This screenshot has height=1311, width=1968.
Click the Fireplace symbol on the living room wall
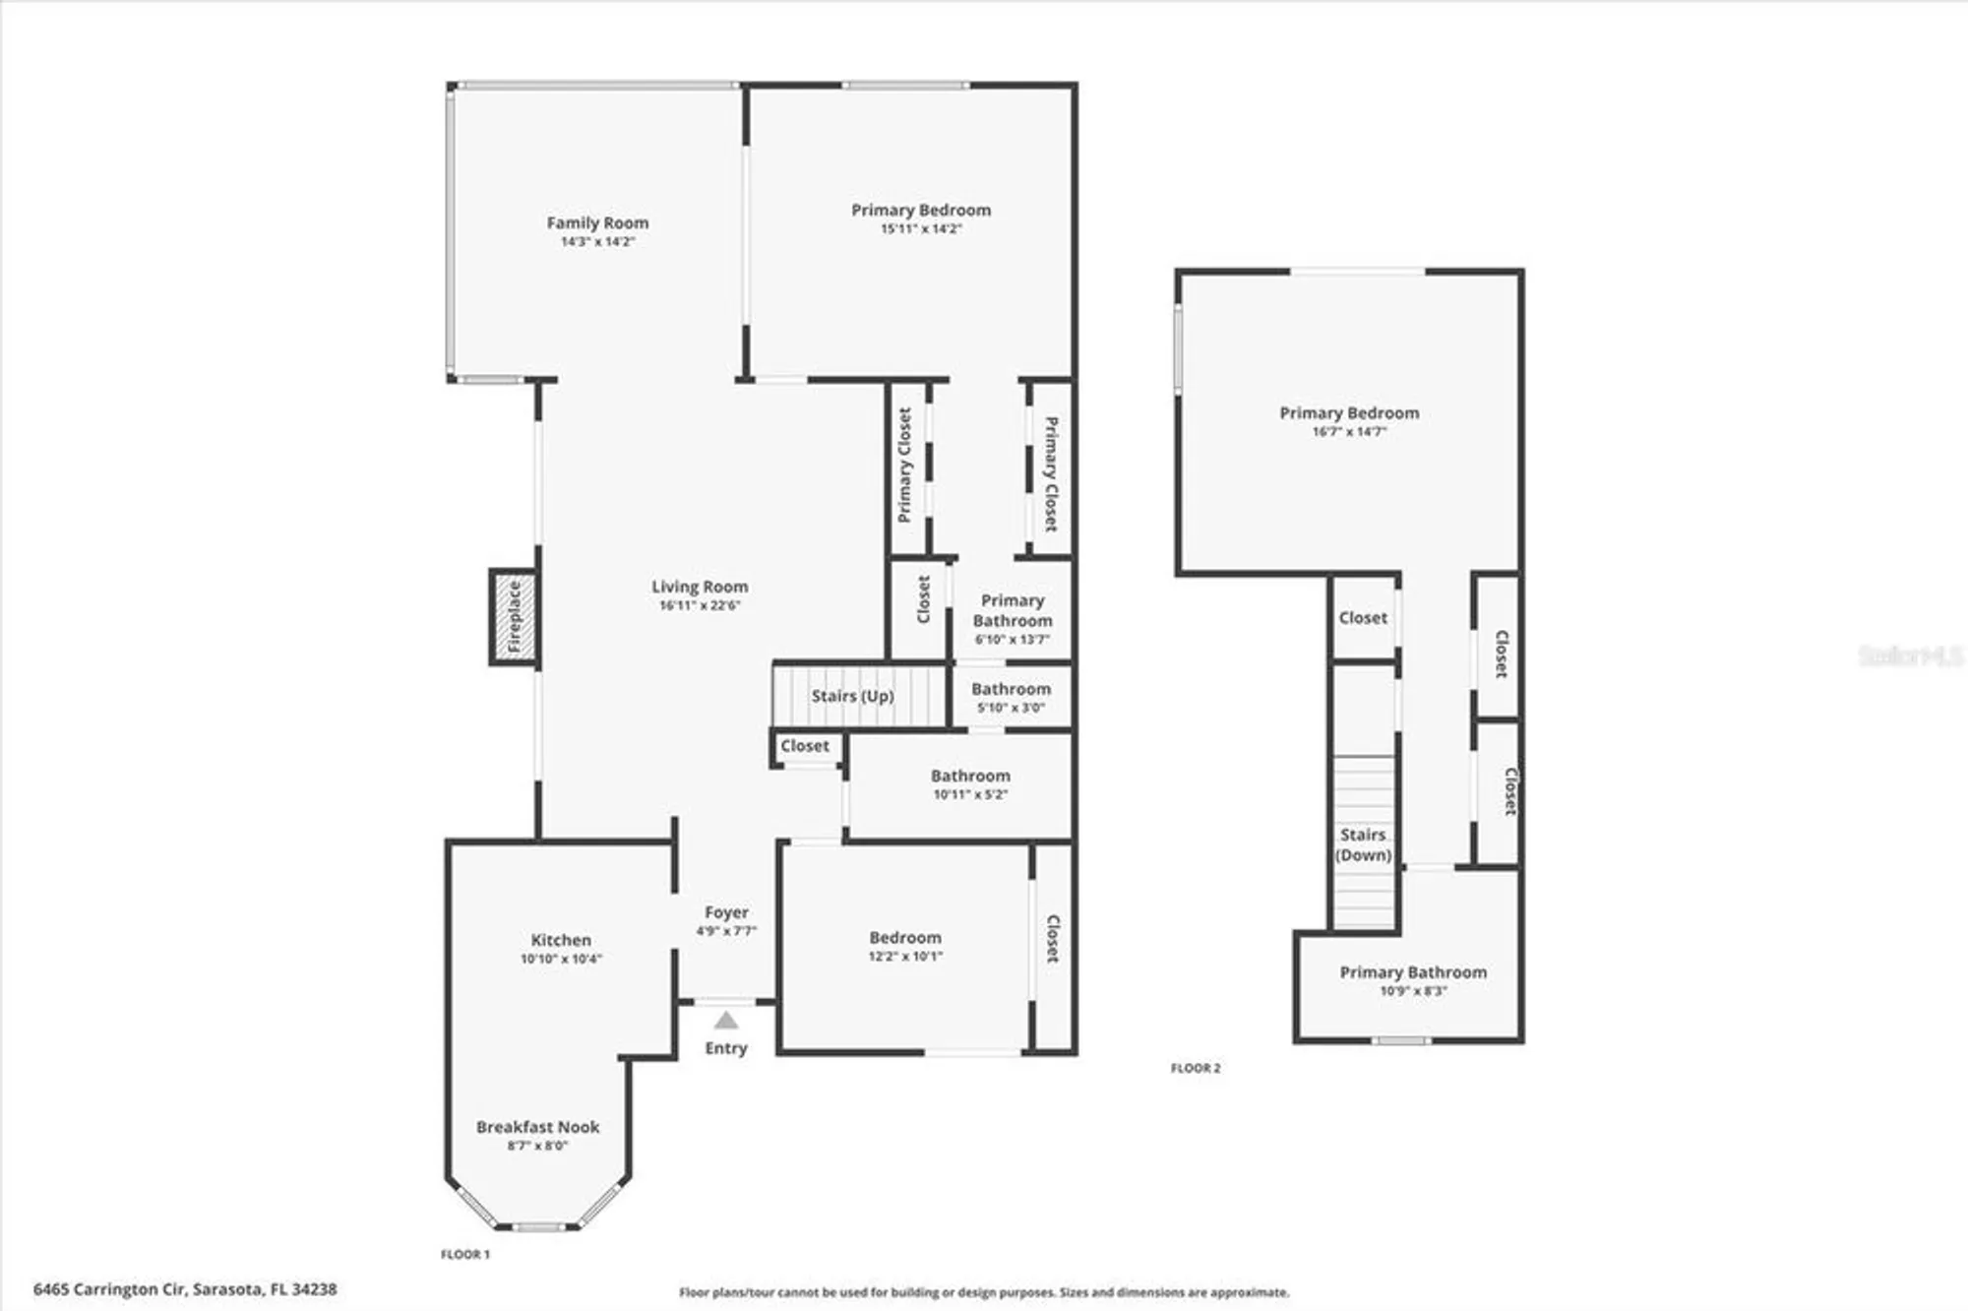[x=514, y=617]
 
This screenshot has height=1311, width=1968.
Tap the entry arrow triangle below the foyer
[x=725, y=1021]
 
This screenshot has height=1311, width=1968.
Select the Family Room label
[x=597, y=223]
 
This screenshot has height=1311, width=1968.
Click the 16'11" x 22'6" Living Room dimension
[x=700, y=606]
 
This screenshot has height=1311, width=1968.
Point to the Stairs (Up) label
[x=852, y=696]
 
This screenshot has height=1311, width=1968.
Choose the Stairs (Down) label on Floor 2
[x=1363, y=844]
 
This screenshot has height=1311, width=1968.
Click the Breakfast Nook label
[x=537, y=1127]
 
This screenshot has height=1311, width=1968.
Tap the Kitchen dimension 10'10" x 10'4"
[x=561, y=959]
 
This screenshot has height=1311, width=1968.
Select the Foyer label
[x=726, y=912]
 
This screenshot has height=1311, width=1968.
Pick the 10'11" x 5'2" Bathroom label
[x=970, y=783]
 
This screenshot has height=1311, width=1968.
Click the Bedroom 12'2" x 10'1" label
[x=905, y=946]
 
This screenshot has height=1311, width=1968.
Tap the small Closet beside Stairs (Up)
[x=805, y=746]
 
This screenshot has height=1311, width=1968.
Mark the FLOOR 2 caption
[x=1196, y=1068]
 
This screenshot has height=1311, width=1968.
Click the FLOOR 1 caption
[x=464, y=1254]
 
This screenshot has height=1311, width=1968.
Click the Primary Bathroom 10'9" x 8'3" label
[x=1413, y=980]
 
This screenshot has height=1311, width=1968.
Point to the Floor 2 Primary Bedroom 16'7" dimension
[x=1349, y=432]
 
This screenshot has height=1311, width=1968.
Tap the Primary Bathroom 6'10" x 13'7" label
[x=1013, y=620]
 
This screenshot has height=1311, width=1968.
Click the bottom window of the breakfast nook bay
[x=536, y=1227]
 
